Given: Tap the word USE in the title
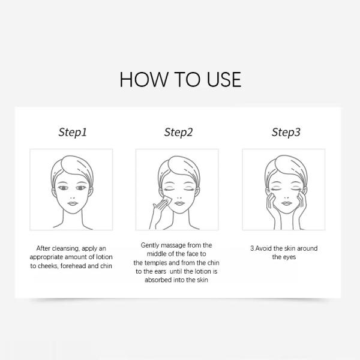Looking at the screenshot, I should pos(220,79).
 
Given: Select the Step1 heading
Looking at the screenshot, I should pos(73,132).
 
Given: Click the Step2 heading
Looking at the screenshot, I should pos(178,132).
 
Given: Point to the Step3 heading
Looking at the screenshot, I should pos(286,132).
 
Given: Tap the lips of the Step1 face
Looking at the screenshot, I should pos(73,204).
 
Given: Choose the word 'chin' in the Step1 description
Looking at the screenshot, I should pos(106,265).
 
